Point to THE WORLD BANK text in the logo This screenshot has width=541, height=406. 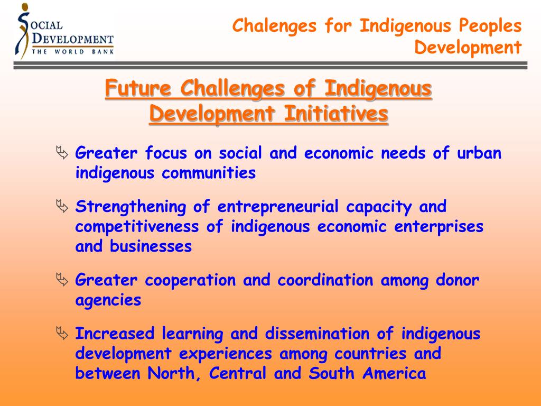[73, 52]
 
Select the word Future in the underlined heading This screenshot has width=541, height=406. [138, 89]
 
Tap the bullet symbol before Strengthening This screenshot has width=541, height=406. [62, 207]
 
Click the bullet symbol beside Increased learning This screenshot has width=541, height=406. [62, 334]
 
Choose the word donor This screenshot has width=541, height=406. [458, 280]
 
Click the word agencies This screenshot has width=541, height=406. [108, 300]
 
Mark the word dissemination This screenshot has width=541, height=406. [316, 334]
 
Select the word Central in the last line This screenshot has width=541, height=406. [238, 373]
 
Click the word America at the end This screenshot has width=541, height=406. [394, 373]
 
